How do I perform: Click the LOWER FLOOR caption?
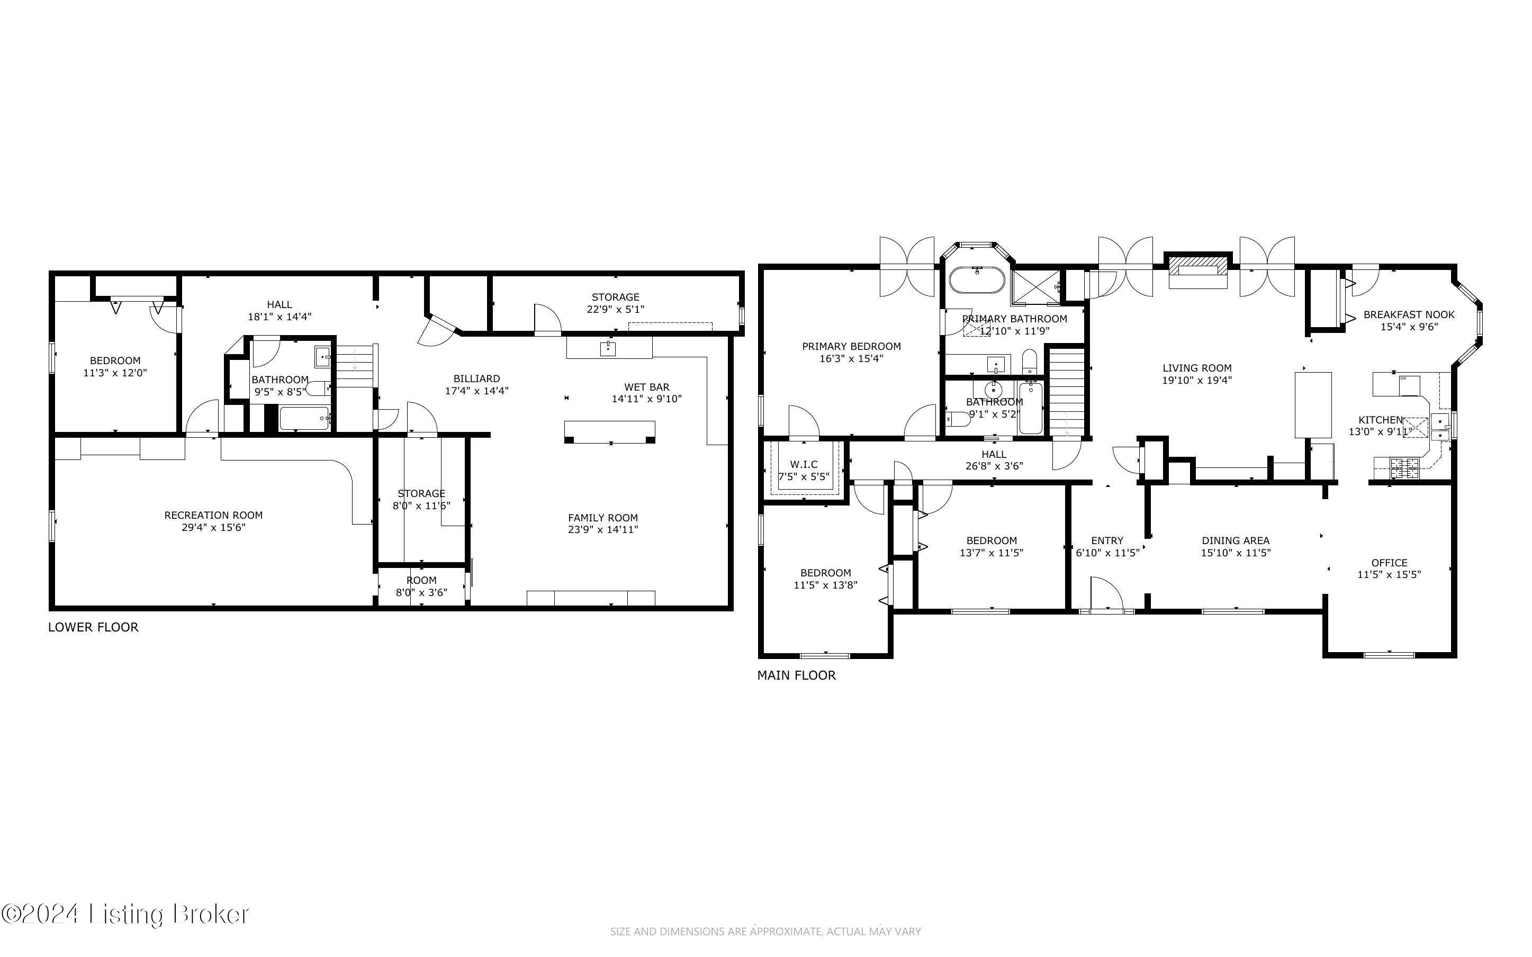(93, 627)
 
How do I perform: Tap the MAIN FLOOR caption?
(796, 675)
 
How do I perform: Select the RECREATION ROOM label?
(213, 515)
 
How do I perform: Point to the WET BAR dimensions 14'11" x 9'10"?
(647, 399)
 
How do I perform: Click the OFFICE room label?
(1389, 563)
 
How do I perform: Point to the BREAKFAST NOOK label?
(1409, 314)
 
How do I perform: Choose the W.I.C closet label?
(804, 465)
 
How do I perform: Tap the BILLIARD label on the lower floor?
(476, 379)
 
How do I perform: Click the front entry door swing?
(1106, 594)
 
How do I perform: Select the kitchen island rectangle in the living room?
(1313, 405)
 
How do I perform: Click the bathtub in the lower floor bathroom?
(304, 418)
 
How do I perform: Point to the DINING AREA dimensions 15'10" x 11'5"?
(1236, 553)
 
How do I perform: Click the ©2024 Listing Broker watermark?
(125, 915)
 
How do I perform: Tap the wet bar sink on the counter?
(608, 347)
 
